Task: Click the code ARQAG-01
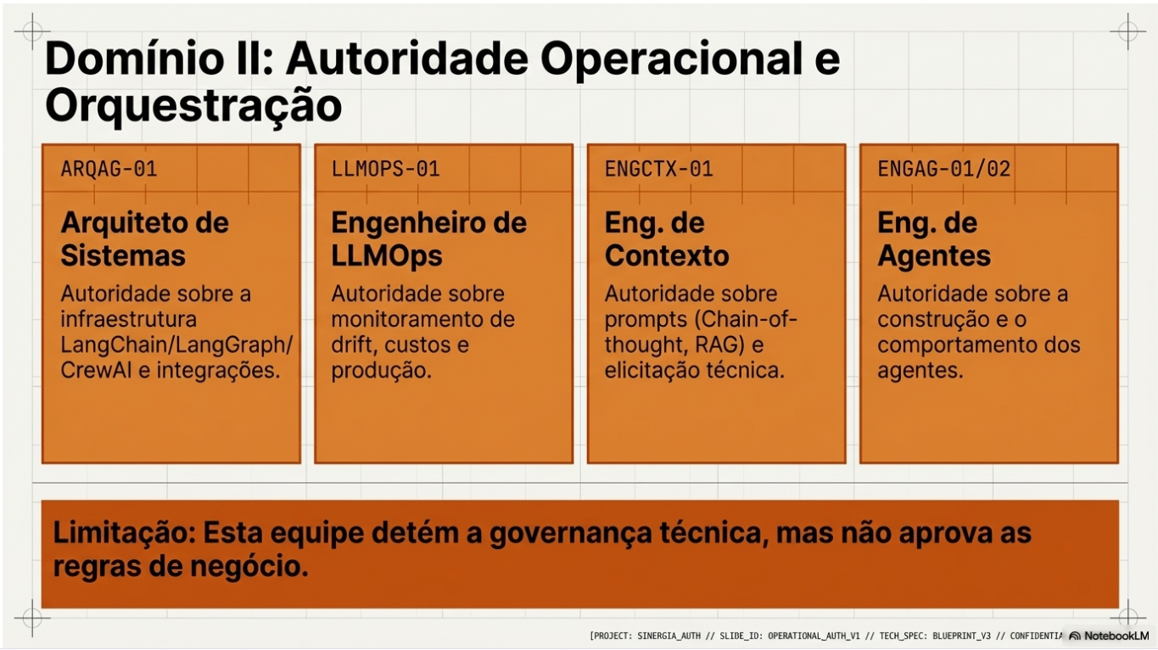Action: coord(109,169)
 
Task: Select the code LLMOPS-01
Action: coord(386,169)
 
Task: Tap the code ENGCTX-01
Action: coord(658,169)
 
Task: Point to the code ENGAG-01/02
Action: coord(944,169)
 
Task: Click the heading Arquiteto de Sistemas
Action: coord(144,239)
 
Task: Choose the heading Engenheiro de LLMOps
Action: coord(428,239)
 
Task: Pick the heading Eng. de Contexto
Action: coord(666,239)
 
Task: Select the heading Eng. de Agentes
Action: coord(933,239)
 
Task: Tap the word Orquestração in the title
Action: coord(193,106)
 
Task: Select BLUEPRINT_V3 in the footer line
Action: coord(961,636)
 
